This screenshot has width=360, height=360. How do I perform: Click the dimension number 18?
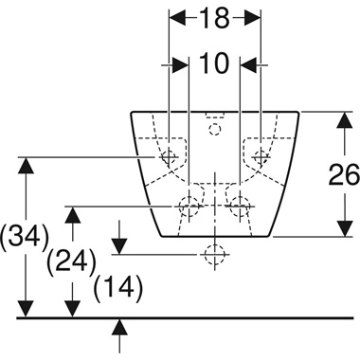pyautogui.click(x=214, y=19)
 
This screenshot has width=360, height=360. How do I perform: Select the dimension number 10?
pyautogui.click(x=214, y=63)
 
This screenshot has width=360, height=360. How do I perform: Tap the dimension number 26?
pyautogui.click(x=344, y=175)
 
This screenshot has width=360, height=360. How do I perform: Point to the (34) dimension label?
pyautogui.click(x=25, y=237)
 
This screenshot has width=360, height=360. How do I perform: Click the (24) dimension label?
pyautogui.click(x=71, y=261)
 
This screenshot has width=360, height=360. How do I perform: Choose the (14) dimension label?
pyautogui.click(x=118, y=288)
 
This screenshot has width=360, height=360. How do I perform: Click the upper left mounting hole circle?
pyautogui.click(x=169, y=156)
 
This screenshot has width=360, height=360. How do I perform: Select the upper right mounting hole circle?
pyautogui.click(x=261, y=156)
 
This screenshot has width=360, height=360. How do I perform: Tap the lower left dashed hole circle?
pyautogui.click(x=189, y=206)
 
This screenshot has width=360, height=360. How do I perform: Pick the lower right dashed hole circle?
pyautogui.click(x=241, y=206)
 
